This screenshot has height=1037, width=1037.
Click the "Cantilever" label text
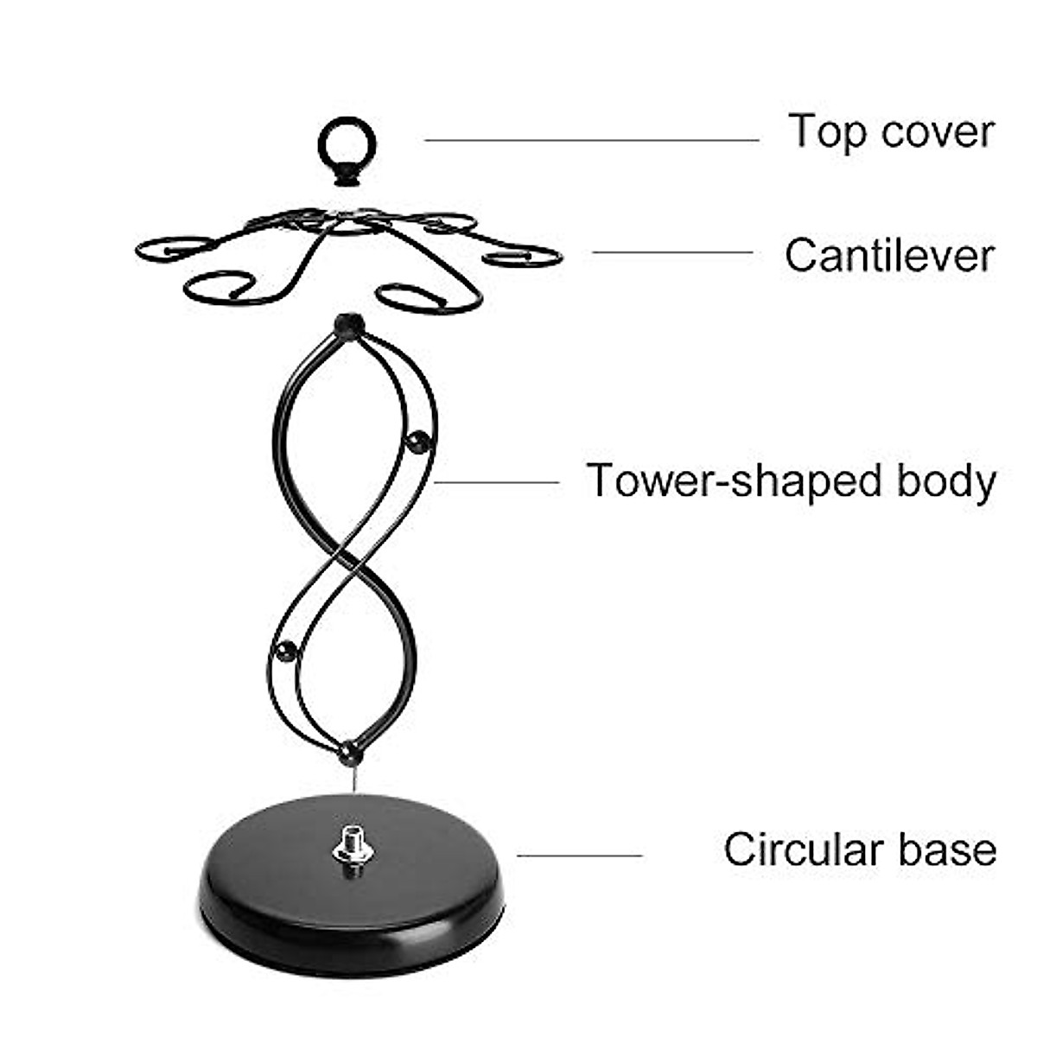(889, 256)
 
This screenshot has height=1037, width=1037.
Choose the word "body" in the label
(945, 481)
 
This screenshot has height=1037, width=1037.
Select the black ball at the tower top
(349, 325)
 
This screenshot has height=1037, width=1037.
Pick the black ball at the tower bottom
(351, 752)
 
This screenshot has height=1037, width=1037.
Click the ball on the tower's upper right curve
(418, 442)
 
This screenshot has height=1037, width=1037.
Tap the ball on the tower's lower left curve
(284, 651)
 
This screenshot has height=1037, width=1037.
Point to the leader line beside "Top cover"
(591, 140)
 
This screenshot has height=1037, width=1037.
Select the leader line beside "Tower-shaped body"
(497, 482)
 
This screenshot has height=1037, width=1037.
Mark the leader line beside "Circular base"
(579, 856)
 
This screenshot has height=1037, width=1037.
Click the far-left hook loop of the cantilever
(173, 248)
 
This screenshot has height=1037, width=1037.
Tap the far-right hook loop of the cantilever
(523, 257)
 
